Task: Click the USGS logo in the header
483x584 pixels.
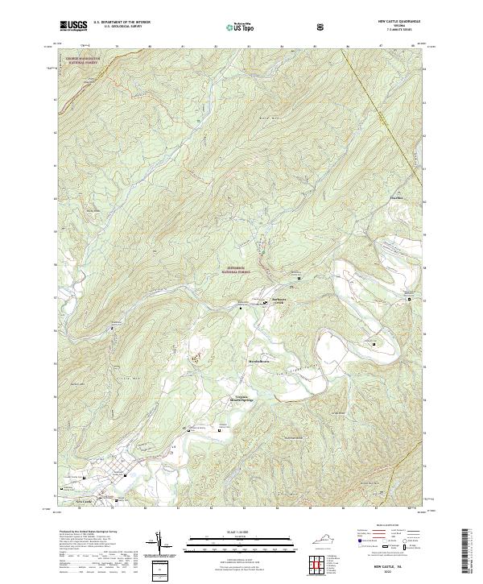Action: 73,27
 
